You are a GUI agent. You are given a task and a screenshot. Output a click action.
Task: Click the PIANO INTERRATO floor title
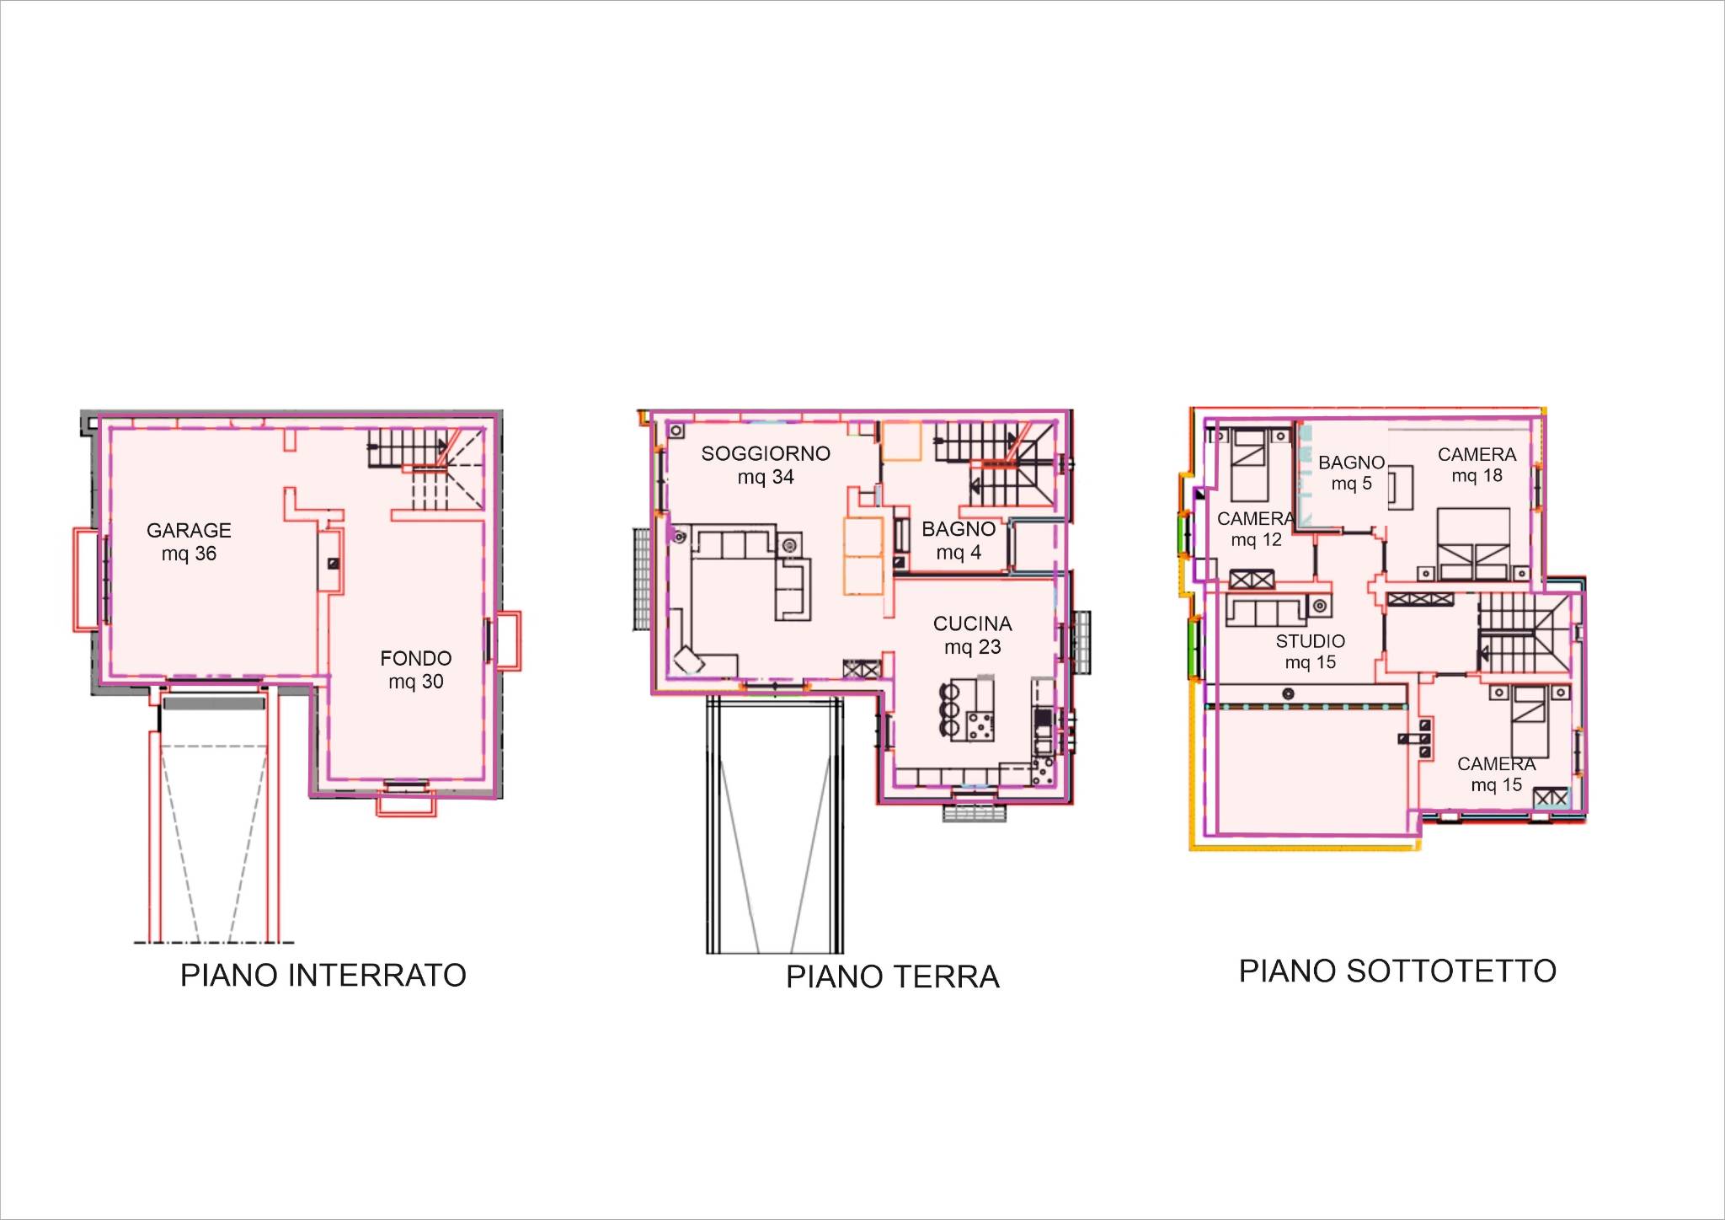[x=323, y=975]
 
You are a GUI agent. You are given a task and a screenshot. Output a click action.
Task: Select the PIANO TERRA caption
[x=893, y=977]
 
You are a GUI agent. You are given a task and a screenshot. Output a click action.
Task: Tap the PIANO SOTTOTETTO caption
[x=1397, y=971]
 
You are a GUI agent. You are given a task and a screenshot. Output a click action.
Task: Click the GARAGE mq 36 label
[x=189, y=542]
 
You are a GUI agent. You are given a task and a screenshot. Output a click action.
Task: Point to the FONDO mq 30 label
[x=416, y=670]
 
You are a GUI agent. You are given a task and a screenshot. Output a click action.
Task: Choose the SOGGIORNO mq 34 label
[x=766, y=465]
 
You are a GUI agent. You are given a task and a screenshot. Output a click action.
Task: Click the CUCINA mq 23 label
[x=973, y=635]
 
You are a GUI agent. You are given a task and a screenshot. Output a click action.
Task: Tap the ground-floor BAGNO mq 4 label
[x=959, y=541]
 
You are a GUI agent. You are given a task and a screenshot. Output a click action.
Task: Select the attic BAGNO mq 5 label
[x=1351, y=473]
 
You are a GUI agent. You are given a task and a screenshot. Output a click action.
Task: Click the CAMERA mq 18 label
[x=1477, y=465]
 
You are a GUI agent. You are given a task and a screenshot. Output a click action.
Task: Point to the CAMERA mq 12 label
[x=1256, y=529]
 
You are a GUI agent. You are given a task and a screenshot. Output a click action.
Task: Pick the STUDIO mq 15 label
[x=1311, y=651]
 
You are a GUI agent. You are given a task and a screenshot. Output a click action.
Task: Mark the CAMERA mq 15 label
[x=1497, y=774]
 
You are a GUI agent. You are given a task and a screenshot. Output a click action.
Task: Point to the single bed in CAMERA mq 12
[x=1248, y=465]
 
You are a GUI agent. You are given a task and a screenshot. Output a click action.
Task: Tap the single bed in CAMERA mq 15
[x=1530, y=722]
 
